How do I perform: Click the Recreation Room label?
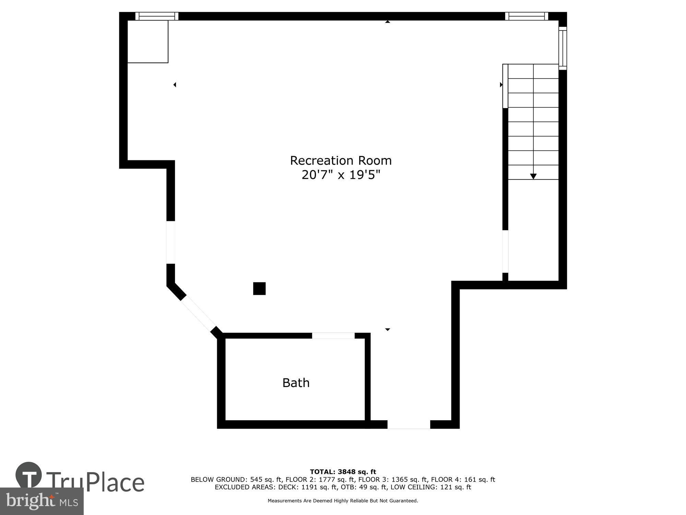[341, 161]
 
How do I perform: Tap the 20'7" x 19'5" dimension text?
[341, 175]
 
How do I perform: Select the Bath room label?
[296, 383]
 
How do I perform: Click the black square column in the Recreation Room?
[259, 288]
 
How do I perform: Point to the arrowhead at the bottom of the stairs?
[533, 176]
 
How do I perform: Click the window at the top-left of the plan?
[157, 16]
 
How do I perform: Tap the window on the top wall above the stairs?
[527, 16]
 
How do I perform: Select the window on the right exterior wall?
[563, 48]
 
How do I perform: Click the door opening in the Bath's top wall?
[333, 335]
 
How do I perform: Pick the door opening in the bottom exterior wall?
[409, 425]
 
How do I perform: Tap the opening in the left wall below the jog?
[171, 242]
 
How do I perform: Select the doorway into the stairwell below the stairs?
[505, 251]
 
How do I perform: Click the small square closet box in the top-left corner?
[148, 42]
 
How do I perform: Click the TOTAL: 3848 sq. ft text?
[343, 472]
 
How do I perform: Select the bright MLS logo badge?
[42, 501]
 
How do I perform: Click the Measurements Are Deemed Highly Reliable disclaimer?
[343, 501]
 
